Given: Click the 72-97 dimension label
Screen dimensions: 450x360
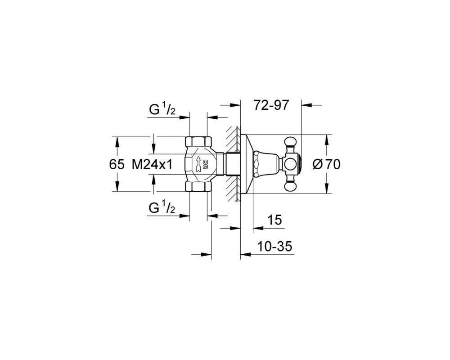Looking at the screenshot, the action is (x=270, y=106).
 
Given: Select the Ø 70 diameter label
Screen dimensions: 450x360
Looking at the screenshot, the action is (x=326, y=165).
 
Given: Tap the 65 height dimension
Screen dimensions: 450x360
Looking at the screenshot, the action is (x=117, y=165).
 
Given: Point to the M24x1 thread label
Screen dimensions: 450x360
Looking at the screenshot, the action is (x=152, y=165).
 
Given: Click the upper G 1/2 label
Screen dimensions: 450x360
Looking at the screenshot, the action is (x=162, y=110).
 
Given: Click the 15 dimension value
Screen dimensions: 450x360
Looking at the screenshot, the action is (x=274, y=220).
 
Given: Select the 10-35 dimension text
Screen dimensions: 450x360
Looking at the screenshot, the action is (x=274, y=246).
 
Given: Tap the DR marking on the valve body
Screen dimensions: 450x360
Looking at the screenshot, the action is (x=206, y=164).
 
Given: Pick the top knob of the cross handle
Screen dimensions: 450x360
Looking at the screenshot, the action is (x=290, y=142).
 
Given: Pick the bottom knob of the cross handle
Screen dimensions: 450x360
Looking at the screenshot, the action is (x=290, y=187).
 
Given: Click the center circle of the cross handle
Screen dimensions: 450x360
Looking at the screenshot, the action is (x=290, y=164).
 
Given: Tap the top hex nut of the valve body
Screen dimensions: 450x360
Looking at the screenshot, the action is (x=198, y=142).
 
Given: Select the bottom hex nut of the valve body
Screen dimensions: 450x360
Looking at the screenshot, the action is (x=198, y=187).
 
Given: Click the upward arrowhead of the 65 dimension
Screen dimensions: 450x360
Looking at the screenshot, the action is (x=117, y=142).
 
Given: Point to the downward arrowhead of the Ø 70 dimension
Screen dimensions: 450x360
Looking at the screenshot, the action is (x=326, y=187).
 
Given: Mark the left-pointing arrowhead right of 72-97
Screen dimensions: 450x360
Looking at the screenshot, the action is (x=307, y=105).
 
